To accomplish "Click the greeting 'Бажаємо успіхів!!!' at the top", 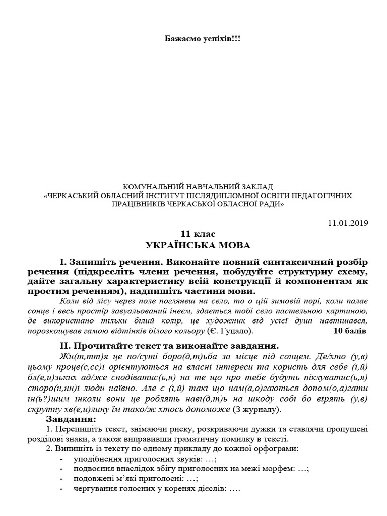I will point(194,38).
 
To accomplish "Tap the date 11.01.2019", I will point(348,222).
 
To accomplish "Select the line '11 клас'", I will point(194,234).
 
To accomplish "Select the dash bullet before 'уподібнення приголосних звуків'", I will point(61,459).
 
